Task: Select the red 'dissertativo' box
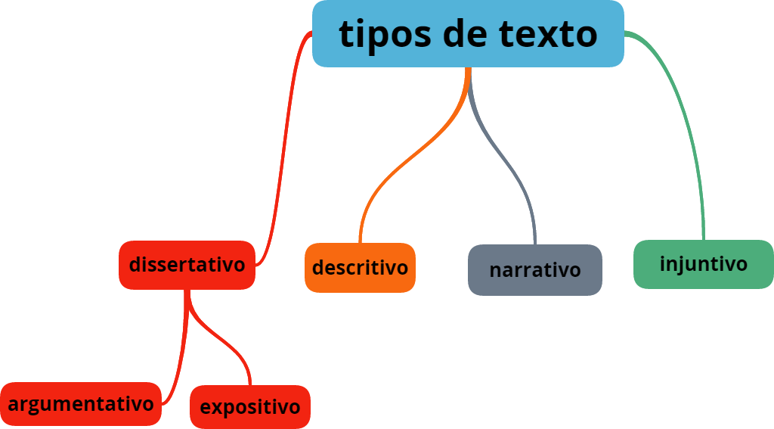click(187, 265)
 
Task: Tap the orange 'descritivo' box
click(360, 267)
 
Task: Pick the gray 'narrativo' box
click(535, 269)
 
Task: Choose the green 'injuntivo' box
click(703, 264)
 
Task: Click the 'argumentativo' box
click(80, 404)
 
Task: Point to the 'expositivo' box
click(249, 407)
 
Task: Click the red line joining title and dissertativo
click(286, 151)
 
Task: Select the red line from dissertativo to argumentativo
click(181, 356)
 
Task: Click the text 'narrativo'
click(535, 270)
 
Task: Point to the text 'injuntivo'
click(703, 264)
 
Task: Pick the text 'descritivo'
click(360, 267)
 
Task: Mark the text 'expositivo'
click(249, 407)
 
